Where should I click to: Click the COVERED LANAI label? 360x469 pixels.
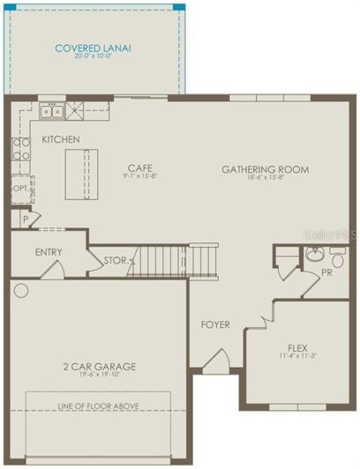[93, 48]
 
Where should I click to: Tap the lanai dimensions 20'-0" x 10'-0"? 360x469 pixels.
[93, 57]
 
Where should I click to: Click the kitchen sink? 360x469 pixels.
[52, 111]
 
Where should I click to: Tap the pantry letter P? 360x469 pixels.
[26, 219]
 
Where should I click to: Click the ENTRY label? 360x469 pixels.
[49, 252]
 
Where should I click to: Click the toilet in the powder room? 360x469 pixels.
[337, 258]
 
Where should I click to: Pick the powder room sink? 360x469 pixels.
[313, 257]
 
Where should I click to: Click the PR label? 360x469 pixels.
[326, 273]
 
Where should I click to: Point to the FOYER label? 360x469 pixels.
[215, 324]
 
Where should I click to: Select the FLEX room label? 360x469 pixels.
[296, 348]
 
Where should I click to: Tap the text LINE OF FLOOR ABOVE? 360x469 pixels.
[99, 406]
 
